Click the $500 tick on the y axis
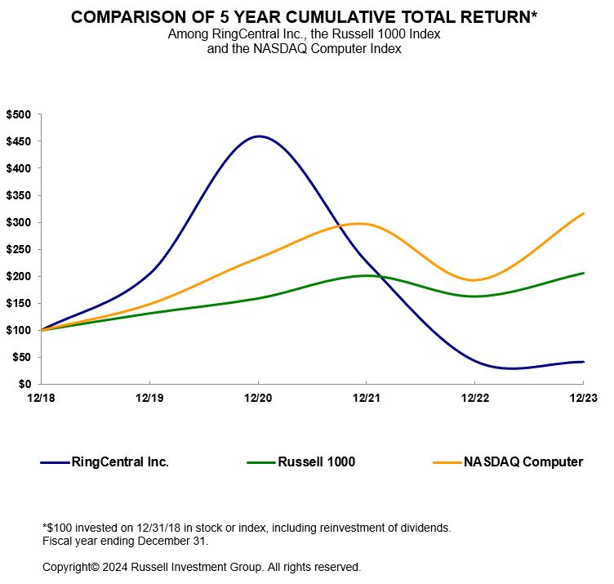point(18,114)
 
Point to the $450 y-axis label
point(18,141)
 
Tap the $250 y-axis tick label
point(18,249)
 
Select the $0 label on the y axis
point(24,384)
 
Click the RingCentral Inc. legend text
point(121,462)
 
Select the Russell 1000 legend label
point(317,462)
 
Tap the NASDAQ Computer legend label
point(523,462)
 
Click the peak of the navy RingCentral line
point(259,136)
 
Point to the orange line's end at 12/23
point(583,213)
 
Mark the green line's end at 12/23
point(583,273)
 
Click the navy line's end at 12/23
point(583,362)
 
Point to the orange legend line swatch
point(446,462)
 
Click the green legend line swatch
point(261,462)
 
